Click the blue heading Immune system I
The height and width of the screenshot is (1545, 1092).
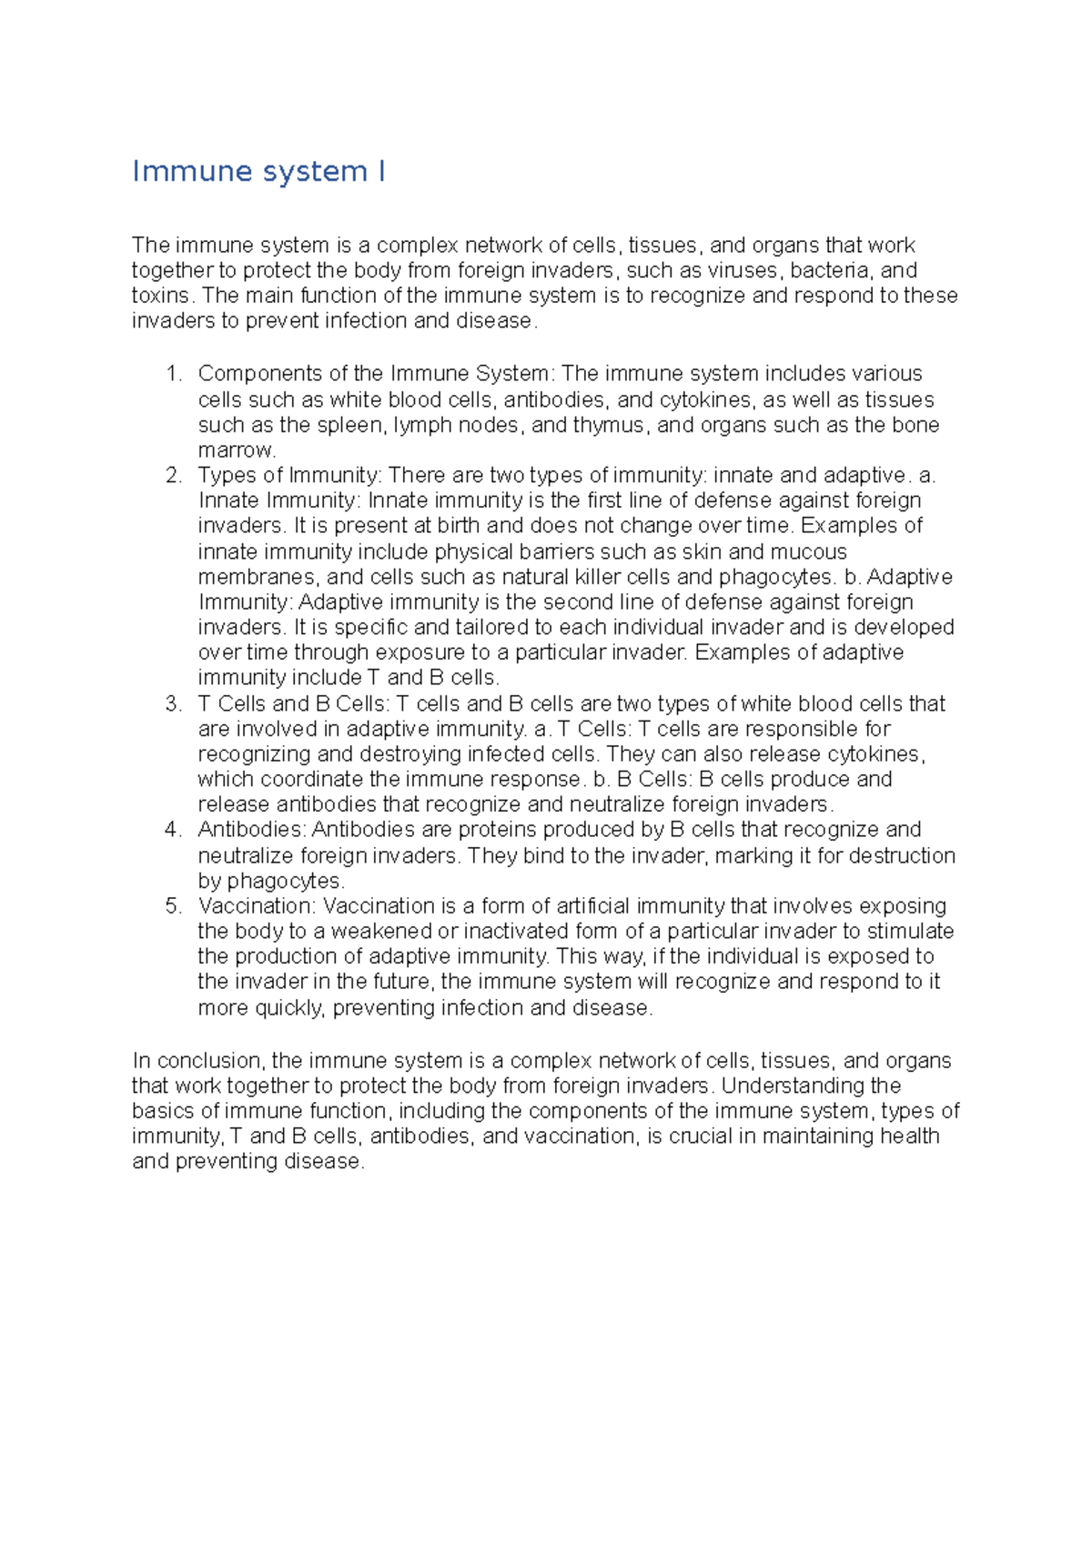coord(258,171)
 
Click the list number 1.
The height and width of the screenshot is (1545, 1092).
coord(174,374)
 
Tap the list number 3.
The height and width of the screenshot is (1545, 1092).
coord(174,704)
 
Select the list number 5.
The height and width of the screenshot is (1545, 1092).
coord(174,906)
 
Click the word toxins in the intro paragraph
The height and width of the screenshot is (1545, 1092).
coord(161,296)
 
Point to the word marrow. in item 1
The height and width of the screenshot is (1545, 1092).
coord(237,450)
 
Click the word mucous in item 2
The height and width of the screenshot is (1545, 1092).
coord(808,552)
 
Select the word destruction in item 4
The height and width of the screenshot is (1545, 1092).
coord(902,856)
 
